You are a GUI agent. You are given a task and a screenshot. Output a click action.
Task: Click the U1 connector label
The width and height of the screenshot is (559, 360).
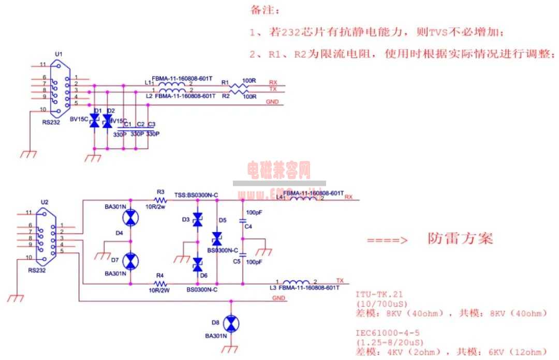click(58, 54)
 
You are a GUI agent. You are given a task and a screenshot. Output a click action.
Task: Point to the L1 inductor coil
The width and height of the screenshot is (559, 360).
click(171, 85)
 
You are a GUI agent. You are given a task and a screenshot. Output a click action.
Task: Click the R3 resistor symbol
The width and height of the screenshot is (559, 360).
click(160, 200)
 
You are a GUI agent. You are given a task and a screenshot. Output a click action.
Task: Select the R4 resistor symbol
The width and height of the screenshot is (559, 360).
click(160, 284)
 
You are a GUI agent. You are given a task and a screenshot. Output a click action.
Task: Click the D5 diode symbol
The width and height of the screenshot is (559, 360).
click(216, 238)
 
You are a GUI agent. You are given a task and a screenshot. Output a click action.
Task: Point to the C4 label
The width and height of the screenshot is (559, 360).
click(248, 227)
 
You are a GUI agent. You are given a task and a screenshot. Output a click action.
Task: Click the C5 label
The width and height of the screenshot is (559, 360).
click(237, 262)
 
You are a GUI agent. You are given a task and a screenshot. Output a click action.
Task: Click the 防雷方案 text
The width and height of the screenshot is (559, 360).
click(460, 238)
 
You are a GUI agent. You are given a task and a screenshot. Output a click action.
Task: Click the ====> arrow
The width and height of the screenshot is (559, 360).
click(387, 240)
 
